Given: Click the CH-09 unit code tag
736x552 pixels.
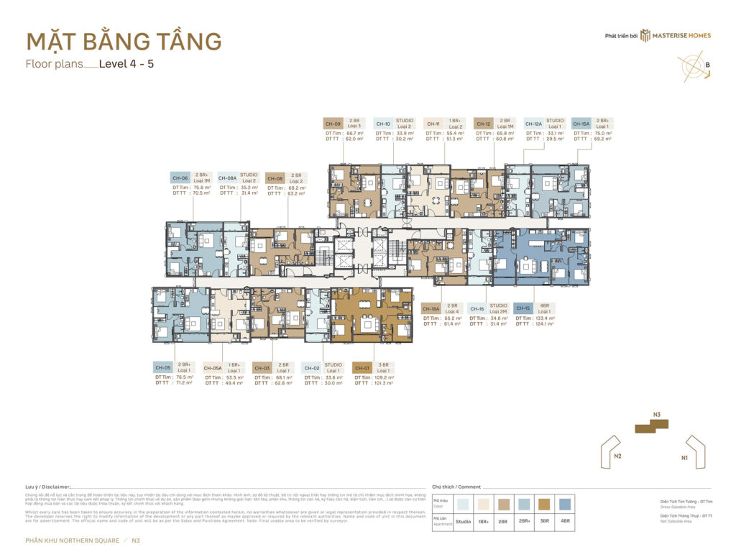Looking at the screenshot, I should click(x=333, y=124).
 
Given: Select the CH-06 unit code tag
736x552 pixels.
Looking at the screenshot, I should click(x=180, y=178).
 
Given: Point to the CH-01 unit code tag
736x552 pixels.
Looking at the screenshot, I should click(x=362, y=367).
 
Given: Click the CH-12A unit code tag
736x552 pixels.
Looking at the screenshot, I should click(x=533, y=124).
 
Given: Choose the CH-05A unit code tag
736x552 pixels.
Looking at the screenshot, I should click(x=213, y=367).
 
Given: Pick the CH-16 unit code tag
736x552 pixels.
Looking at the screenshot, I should click(x=477, y=308).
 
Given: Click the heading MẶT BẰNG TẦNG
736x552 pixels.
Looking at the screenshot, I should click(x=124, y=41).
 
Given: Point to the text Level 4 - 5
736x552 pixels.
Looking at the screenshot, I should click(x=126, y=63).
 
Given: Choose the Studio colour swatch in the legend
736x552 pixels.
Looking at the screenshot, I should click(x=464, y=504).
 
